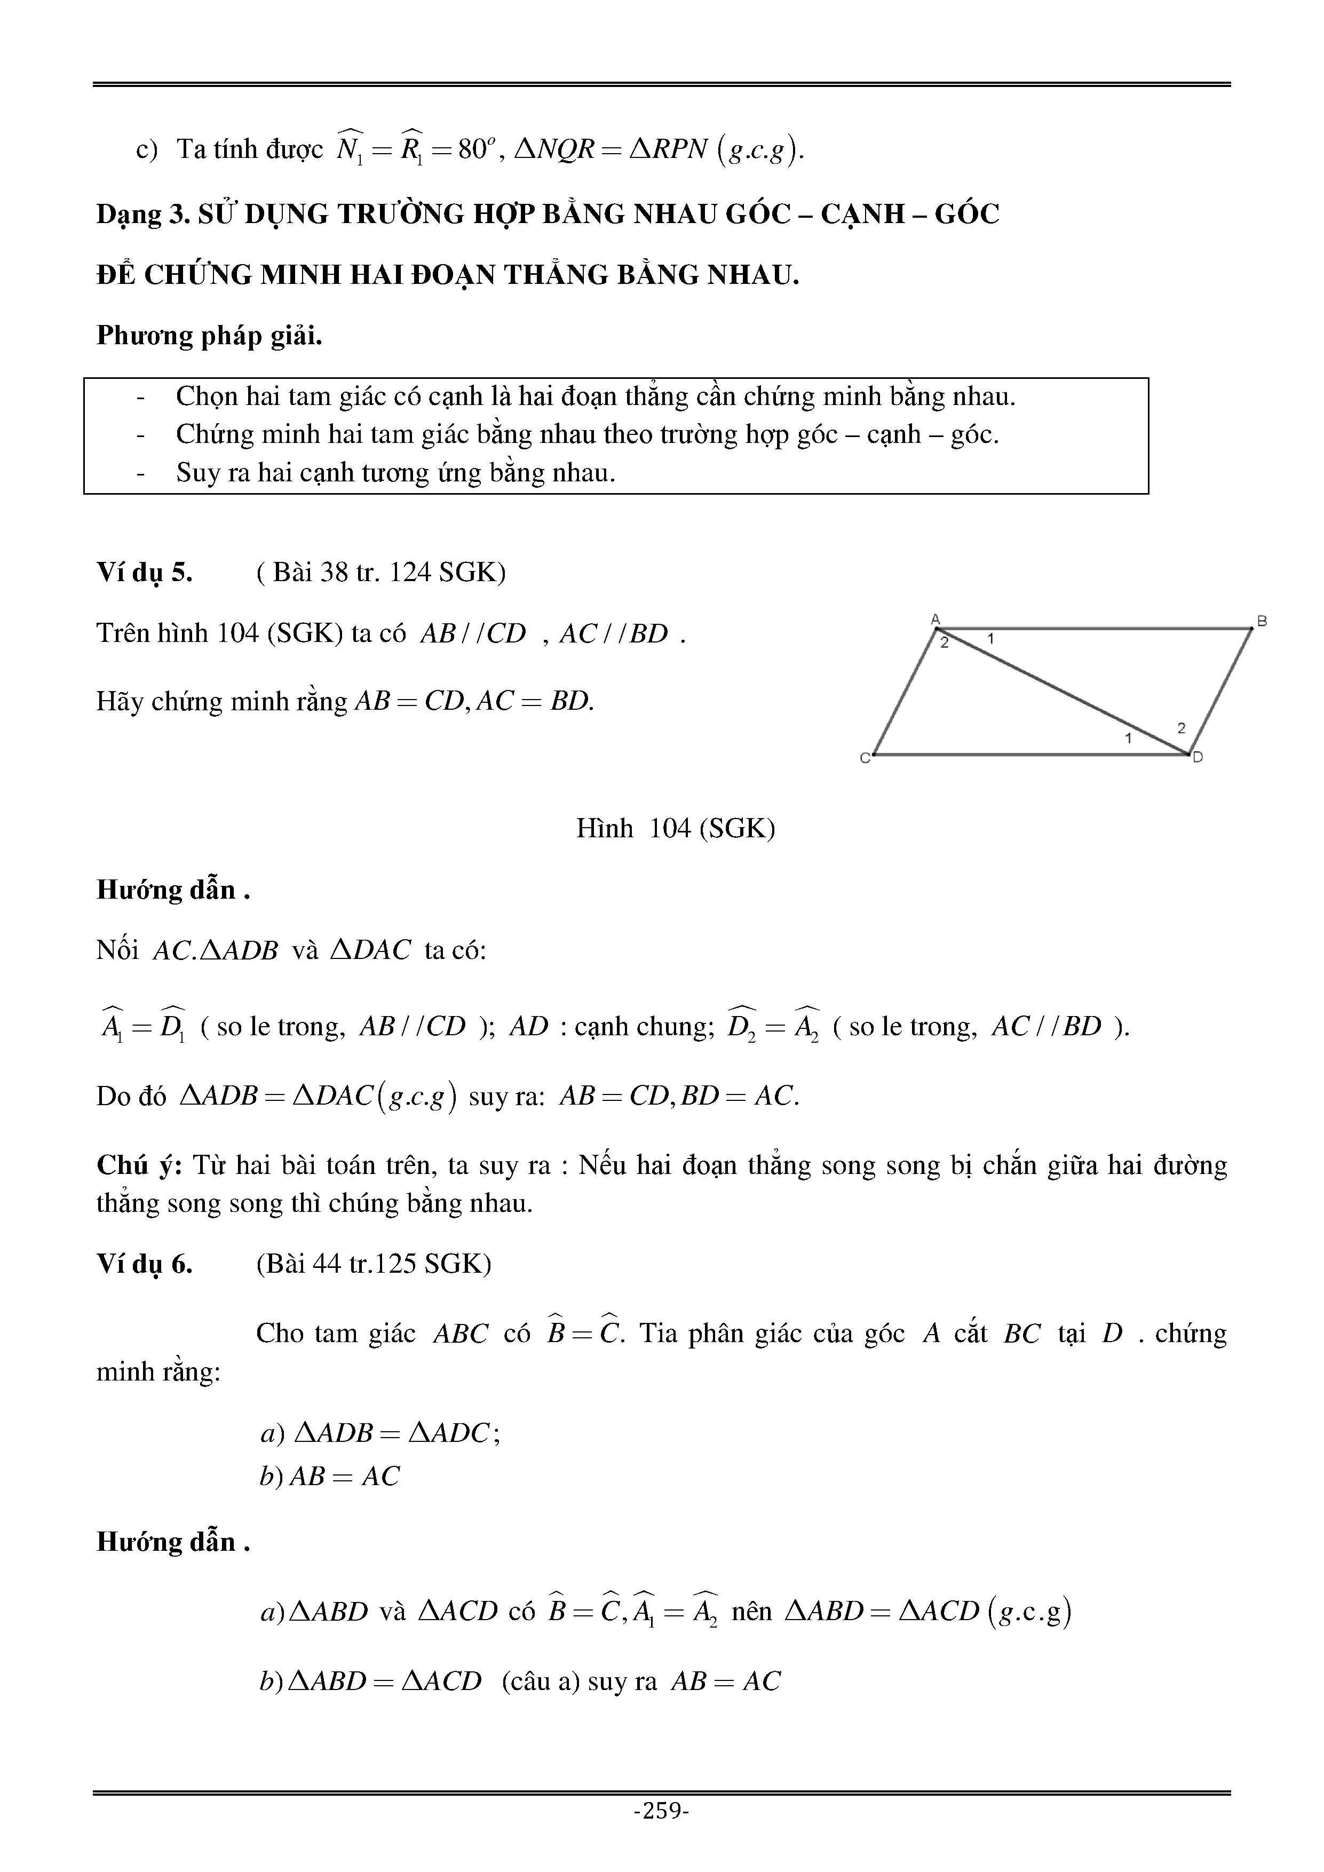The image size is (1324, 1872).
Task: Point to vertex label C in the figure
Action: pyautogui.click(x=865, y=757)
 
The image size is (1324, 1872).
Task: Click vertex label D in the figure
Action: pyautogui.click(x=1198, y=757)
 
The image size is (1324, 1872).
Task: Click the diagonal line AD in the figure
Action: pyautogui.click(x=1060, y=690)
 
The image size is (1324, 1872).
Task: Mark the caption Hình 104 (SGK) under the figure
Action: pyautogui.click(x=675, y=828)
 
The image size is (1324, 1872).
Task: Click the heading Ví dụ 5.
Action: pyautogui.click(x=144, y=573)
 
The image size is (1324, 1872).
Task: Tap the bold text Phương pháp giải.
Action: pyautogui.click(x=209, y=336)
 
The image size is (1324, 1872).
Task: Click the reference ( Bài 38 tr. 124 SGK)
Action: pyautogui.click(x=380, y=573)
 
